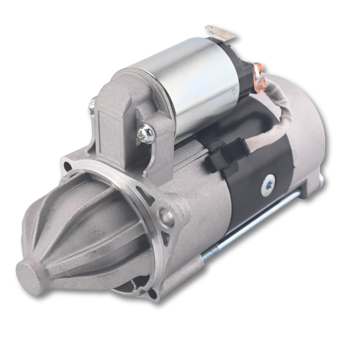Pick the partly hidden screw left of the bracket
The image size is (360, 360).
(93, 106)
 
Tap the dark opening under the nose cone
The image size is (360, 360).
(123, 283)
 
